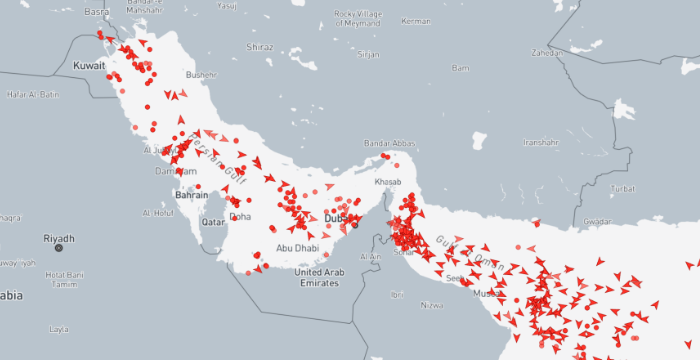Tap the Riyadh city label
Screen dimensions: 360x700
point(59,238)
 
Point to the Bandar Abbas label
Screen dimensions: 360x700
point(389,143)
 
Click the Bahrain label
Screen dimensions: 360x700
point(191,195)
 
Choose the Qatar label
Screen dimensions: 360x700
point(212,221)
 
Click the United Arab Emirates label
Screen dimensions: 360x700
point(320,277)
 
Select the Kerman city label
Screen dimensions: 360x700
point(414,20)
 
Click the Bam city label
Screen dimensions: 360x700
point(460,68)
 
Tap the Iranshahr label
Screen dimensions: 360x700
point(540,142)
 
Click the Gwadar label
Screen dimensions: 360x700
point(597,221)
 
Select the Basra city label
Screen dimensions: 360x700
point(97,12)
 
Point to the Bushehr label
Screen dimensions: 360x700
point(200,74)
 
